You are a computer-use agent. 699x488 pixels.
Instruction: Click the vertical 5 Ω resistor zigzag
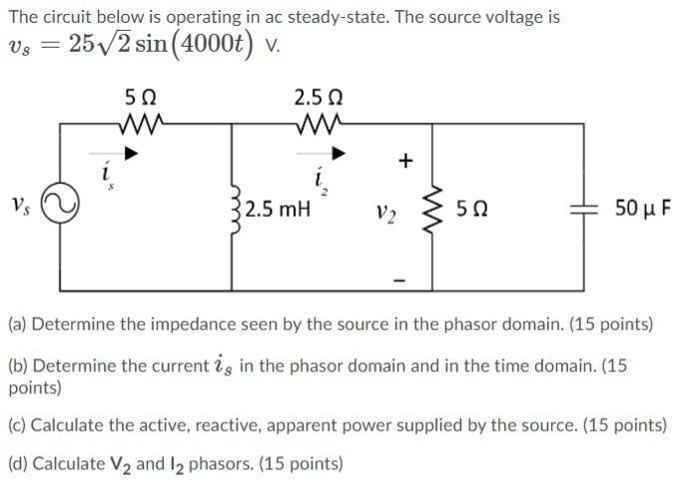[431, 209]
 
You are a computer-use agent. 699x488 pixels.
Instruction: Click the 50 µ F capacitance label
[643, 209]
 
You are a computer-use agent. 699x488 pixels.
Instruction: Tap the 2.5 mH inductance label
[277, 210]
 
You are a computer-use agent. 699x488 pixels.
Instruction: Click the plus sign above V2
[404, 161]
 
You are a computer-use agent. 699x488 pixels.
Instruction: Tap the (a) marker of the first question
[18, 324]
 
